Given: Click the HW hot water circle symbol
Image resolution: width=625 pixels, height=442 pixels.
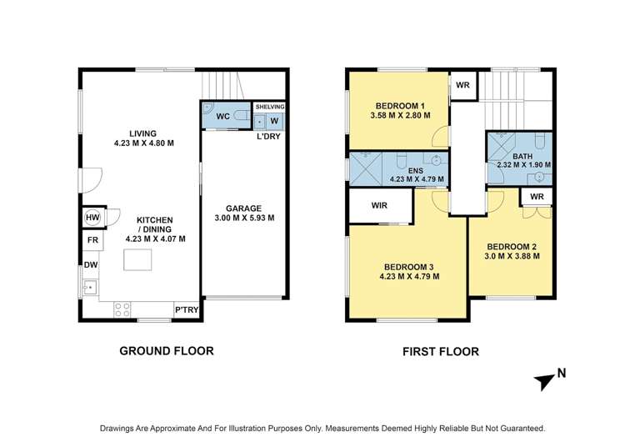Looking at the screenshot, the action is tap(92, 218).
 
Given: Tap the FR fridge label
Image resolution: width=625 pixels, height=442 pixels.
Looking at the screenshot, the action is tap(92, 240).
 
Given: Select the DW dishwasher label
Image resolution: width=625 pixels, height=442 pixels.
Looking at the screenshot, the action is tap(91, 265).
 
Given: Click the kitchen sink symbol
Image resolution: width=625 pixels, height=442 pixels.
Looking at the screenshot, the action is tap(90, 287).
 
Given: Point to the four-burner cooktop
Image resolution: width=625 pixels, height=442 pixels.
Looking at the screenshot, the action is tap(122, 310).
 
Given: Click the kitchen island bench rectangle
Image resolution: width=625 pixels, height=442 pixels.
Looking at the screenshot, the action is tap(137, 259).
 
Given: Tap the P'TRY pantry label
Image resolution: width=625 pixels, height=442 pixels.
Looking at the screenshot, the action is tap(187, 310).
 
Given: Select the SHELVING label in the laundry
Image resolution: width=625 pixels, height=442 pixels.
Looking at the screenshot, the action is tap(270, 107).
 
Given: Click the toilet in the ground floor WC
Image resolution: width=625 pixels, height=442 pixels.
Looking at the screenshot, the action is tap(241, 116).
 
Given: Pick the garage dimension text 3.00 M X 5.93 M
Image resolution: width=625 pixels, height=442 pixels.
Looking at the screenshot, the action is tap(244, 218).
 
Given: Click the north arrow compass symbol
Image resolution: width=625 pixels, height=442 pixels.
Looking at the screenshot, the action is tap(545, 382).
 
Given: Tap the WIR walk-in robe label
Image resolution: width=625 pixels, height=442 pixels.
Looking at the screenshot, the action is tap(379, 205).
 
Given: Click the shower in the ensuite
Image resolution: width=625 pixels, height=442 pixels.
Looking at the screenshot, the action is tap(366, 168).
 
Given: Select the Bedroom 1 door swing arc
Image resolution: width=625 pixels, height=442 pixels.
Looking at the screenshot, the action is tap(439, 137).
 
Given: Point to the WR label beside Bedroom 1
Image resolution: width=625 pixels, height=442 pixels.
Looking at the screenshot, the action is tap(462, 85).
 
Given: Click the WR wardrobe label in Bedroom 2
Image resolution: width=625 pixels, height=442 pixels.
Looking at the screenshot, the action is tap(537, 197).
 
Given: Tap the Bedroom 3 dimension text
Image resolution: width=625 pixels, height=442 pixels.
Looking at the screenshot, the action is tap(409, 276).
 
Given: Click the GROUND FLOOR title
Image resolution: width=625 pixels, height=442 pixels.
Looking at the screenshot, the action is tap(167, 351).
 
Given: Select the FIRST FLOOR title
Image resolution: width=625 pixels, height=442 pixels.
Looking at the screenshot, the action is tap(441, 351).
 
